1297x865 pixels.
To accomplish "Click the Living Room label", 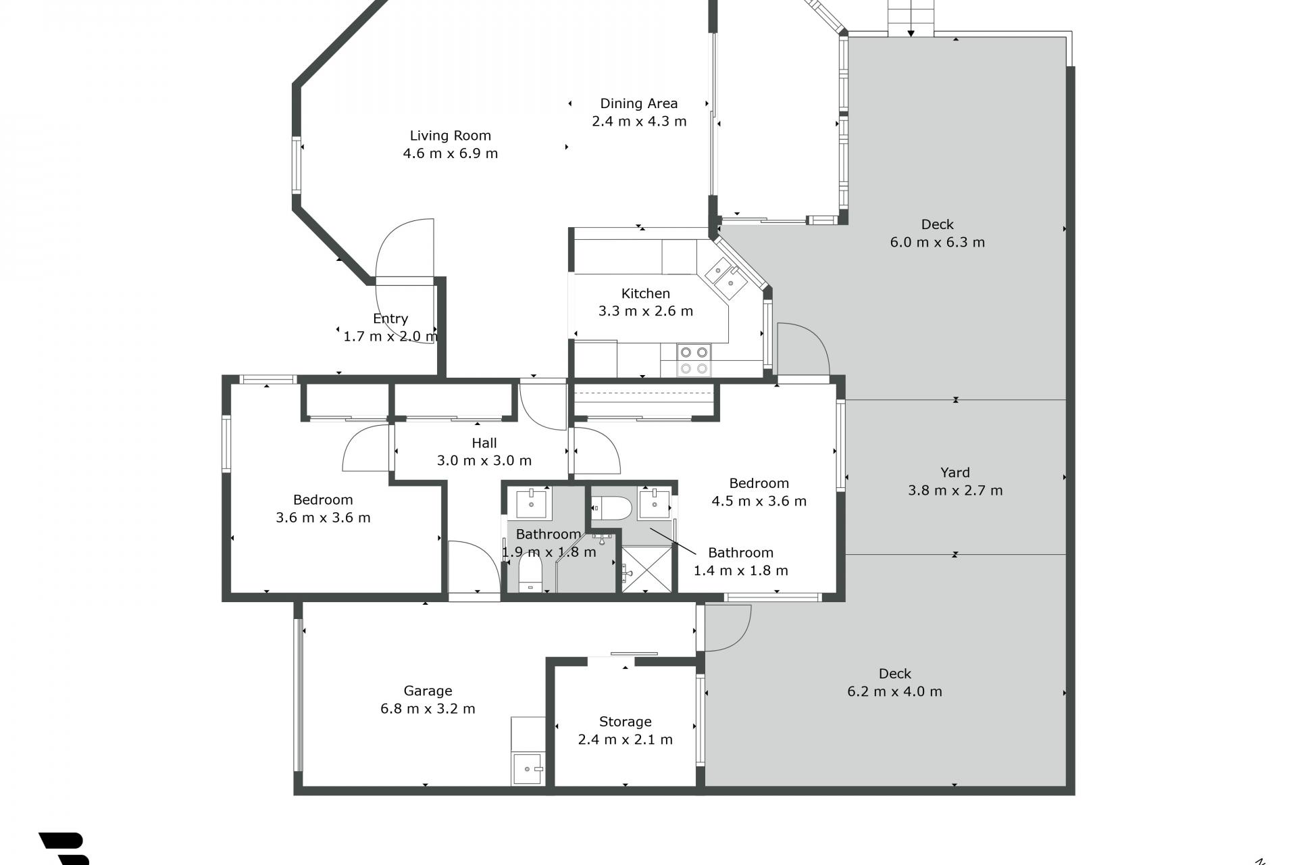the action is (450, 136).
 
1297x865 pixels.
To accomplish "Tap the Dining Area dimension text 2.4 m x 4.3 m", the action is (639, 122).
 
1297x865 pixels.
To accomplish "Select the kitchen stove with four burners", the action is (694, 360).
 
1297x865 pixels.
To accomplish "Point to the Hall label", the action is (484, 443).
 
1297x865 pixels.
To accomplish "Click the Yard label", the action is (955, 473).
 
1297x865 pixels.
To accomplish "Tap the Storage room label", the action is (626, 722).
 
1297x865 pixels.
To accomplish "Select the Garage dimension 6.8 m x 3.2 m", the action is (428, 709).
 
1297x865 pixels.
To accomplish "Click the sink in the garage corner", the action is (528, 769).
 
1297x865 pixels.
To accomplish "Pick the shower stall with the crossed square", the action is (647, 570).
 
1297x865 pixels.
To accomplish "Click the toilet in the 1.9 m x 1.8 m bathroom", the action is (530, 572).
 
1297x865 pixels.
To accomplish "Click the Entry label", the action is (390, 319).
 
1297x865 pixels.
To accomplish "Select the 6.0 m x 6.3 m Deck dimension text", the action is (938, 243).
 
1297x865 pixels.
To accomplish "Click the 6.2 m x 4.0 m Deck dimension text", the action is (895, 692).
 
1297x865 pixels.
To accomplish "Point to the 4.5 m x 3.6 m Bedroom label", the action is (759, 484).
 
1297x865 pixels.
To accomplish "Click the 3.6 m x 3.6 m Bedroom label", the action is (323, 500).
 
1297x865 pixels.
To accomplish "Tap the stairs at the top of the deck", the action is (911, 18).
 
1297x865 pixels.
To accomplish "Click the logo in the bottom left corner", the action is (64, 849).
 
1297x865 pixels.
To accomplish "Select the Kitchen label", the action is (646, 294).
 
